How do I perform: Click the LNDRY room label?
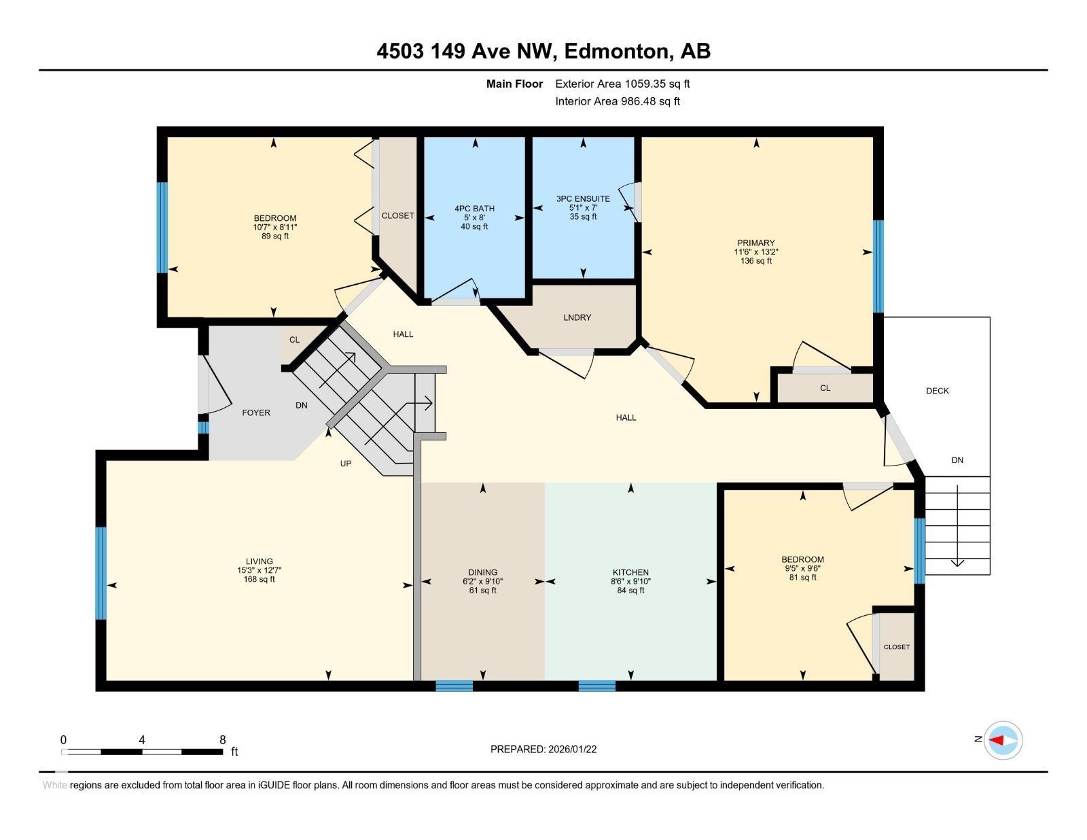click(577, 317)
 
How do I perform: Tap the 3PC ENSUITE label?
click(583, 199)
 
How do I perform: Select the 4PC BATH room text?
click(474, 209)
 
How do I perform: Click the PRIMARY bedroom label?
click(755, 243)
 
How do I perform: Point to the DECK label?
click(937, 391)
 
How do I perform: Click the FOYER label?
click(256, 413)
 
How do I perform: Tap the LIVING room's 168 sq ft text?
click(259, 580)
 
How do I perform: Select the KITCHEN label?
click(630, 572)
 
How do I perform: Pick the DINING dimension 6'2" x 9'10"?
click(482, 582)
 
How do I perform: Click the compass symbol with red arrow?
click(1003, 740)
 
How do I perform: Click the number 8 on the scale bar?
click(222, 740)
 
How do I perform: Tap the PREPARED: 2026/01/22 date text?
click(543, 749)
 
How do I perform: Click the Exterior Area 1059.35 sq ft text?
click(622, 84)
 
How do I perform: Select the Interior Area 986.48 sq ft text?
click(618, 101)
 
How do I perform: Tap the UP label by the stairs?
click(345, 463)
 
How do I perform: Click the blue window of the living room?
click(101, 573)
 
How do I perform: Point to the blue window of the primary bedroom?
click(878, 266)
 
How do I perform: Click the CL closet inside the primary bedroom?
click(825, 388)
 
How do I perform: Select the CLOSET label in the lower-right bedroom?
click(896, 647)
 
